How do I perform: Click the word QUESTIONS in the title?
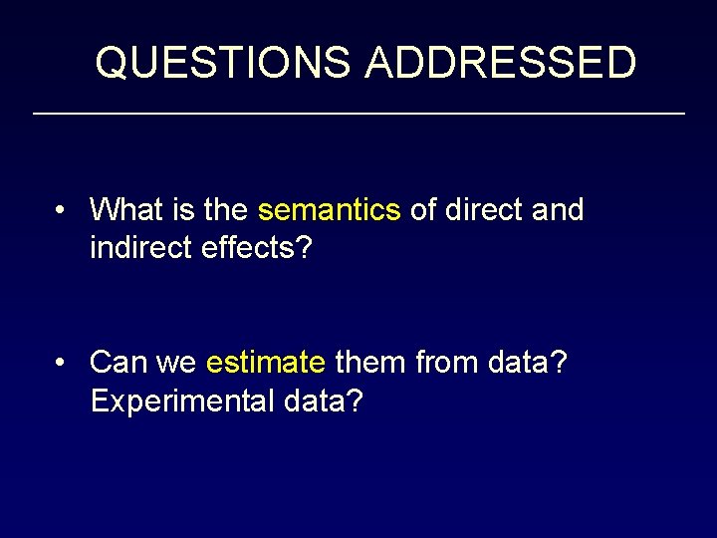coord(222,63)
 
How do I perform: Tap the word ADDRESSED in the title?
coord(500,63)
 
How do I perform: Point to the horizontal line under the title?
coord(358,115)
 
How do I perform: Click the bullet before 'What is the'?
coord(62,210)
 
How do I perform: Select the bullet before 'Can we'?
coord(62,362)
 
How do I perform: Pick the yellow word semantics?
coord(329,210)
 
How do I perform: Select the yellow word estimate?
coord(265,362)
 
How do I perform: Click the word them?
coord(369,362)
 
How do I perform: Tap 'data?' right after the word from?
coord(528,362)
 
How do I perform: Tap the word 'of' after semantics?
coord(422,210)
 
